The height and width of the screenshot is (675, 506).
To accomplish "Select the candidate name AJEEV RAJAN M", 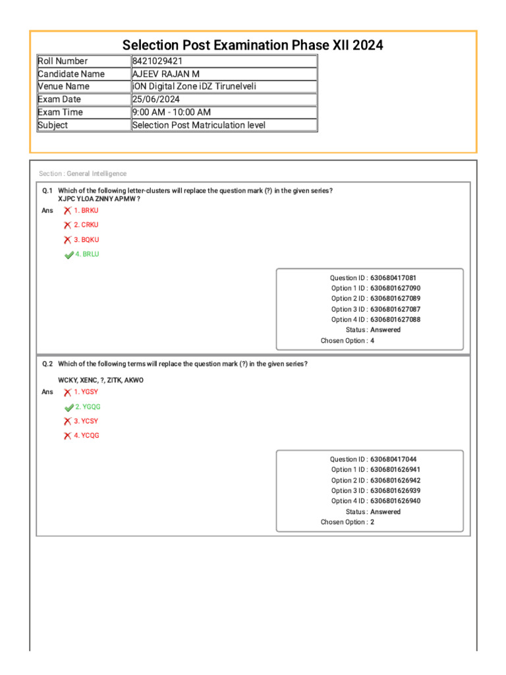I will [x=166, y=74].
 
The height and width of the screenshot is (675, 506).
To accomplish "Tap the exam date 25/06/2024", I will [x=157, y=100].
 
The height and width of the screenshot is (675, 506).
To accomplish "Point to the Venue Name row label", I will [x=64, y=86].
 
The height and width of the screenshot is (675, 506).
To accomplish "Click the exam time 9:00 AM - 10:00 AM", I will [x=171, y=112].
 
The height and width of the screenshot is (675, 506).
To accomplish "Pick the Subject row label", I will [x=53, y=125].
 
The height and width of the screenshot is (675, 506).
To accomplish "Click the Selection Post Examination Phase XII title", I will [x=253, y=45].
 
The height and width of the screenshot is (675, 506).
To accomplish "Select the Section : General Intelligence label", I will [x=82, y=173].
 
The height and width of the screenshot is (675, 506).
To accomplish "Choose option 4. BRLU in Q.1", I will [x=88, y=254].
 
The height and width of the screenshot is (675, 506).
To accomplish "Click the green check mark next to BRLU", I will [x=69, y=254].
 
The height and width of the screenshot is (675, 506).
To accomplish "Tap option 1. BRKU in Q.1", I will [x=86, y=210].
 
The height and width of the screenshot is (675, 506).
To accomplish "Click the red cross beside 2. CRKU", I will [x=67, y=225].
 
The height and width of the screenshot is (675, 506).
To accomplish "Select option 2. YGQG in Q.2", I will [x=88, y=407].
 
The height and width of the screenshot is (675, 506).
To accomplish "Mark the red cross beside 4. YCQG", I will [x=67, y=436].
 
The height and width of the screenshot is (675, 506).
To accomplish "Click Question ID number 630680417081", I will [x=393, y=278].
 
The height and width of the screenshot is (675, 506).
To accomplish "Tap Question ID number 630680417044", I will [x=393, y=459].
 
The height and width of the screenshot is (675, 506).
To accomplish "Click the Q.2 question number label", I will [x=47, y=364].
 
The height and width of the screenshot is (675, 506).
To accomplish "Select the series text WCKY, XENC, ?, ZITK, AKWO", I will [x=101, y=380].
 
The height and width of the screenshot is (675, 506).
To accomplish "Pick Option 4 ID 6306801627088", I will [x=395, y=320].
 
